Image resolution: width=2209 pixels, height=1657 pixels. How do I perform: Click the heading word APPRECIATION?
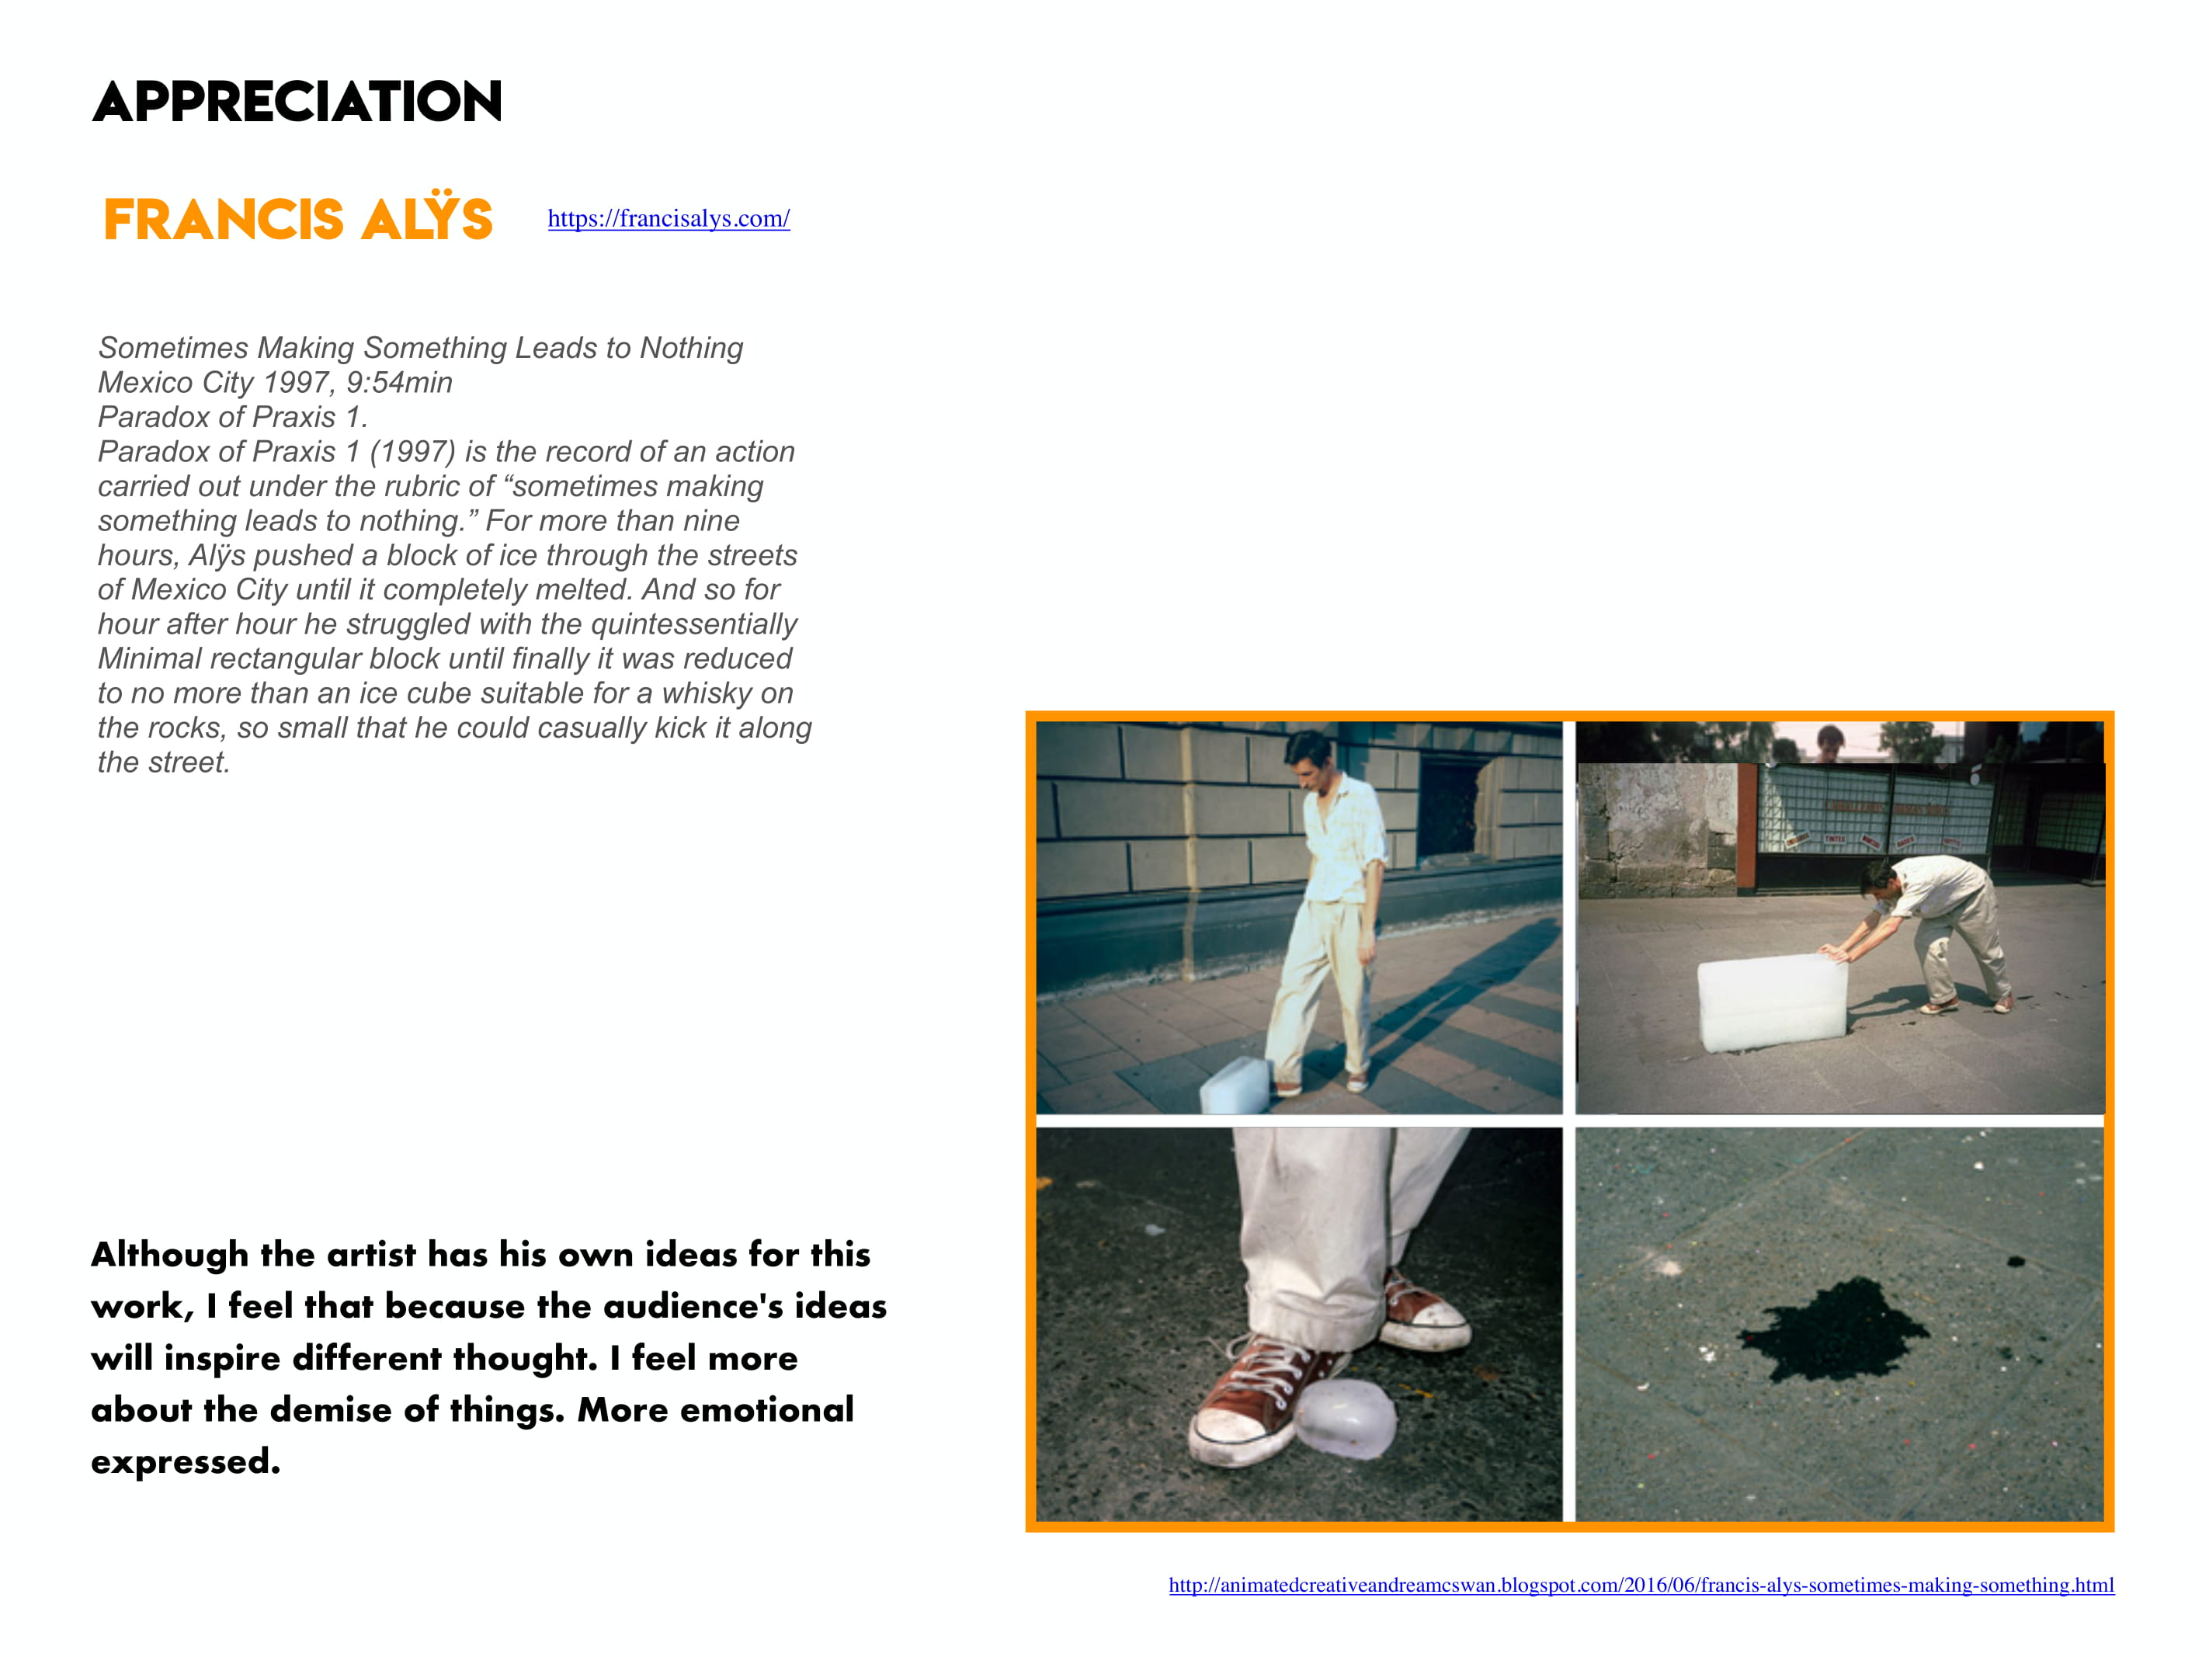[x=297, y=102]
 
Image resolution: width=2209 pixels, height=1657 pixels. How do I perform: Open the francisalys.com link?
[x=668, y=219]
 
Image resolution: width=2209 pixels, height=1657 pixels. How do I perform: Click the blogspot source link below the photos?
[x=1641, y=1585]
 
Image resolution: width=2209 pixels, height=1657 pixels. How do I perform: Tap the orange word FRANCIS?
[x=224, y=220]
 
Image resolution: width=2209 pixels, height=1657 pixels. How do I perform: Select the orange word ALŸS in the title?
[x=427, y=217]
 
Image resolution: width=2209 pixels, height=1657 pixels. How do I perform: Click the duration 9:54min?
[x=398, y=383]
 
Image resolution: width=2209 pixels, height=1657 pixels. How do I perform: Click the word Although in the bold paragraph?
[x=170, y=1255]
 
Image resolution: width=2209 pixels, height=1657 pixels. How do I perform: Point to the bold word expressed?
[x=185, y=1461]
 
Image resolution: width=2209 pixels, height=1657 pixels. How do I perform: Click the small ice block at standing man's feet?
[x=1235, y=1086]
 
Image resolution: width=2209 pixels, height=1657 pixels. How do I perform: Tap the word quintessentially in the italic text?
[x=693, y=624]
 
